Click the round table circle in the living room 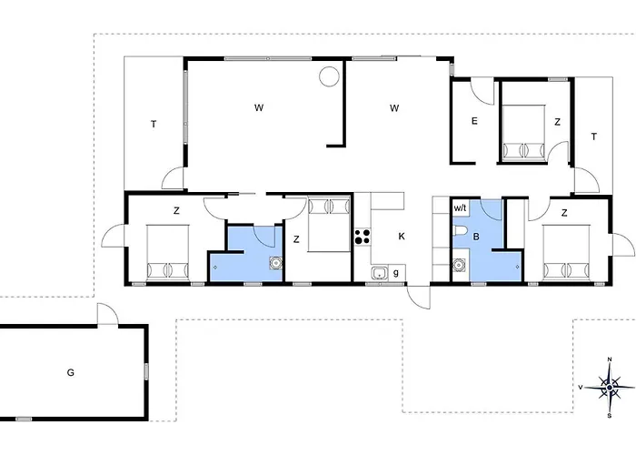(329, 76)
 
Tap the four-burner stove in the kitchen (363, 237)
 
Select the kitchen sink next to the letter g (379, 273)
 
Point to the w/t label (460, 208)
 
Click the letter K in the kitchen (402, 237)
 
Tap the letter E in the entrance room (474, 121)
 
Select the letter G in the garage (71, 372)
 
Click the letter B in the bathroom (476, 237)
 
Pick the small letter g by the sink (396, 273)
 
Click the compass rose (610, 388)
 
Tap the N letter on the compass (610, 359)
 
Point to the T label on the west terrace (154, 125)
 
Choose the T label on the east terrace (594, 136)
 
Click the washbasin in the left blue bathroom (276, 263)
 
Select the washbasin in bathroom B (459, 265)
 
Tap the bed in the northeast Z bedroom (523, 132)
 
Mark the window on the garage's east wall (146, 371)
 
